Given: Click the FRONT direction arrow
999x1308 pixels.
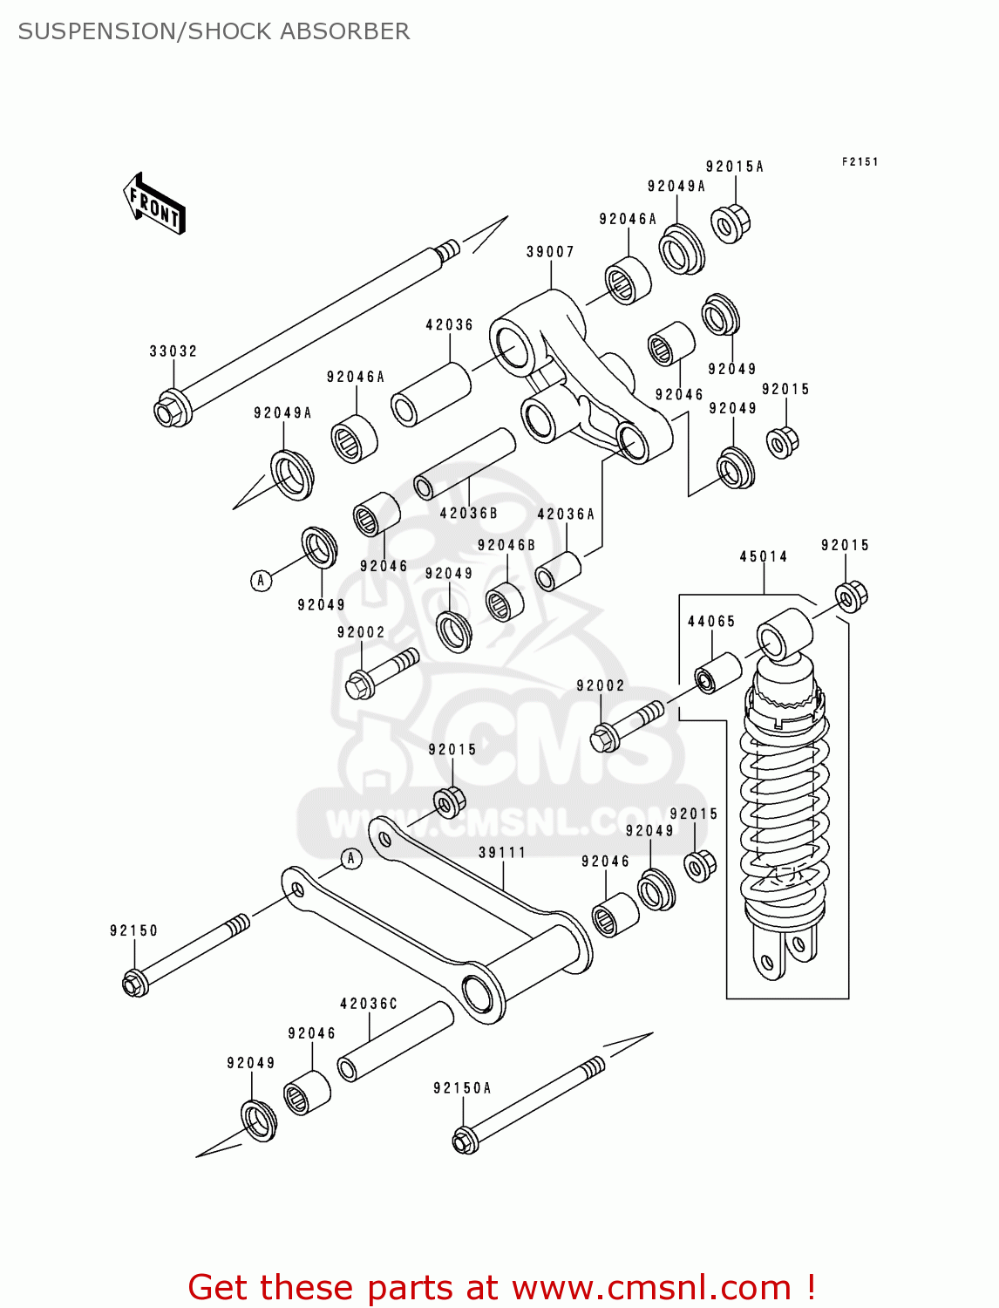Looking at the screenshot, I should point(154,204).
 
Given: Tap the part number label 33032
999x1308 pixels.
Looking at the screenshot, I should point(173,351).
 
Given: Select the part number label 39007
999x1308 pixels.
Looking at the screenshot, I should point(550,252).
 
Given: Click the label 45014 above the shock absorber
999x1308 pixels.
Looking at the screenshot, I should point(764,556).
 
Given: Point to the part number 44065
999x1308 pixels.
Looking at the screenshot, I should point(711,622).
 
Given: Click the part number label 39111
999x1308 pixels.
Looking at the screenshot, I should point(502,853).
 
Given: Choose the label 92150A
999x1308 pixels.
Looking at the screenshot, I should point(462,1088).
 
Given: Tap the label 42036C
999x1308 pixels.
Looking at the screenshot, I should point(368,1004).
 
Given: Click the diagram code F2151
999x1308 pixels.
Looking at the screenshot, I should point(860,162).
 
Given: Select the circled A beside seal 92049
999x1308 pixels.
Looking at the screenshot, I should point(261,581).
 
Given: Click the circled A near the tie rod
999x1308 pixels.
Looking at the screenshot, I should point(350,859).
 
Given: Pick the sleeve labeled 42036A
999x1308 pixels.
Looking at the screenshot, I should point(557,571).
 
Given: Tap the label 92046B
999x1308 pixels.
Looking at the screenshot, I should point(506,546).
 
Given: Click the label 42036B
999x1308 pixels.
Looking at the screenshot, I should point(468,514).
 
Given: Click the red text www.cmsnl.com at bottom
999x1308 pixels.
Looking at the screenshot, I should point(650,1287).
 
